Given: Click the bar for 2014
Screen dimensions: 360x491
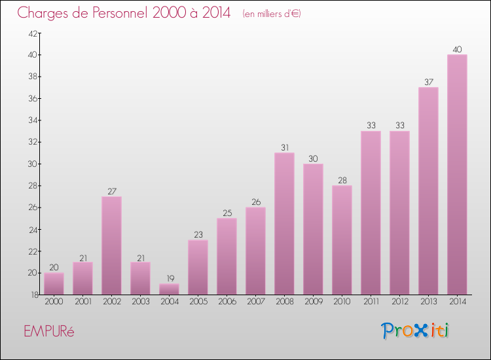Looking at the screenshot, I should (x=457, y=174).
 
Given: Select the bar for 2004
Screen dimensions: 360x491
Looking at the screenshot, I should (x=169, y=289).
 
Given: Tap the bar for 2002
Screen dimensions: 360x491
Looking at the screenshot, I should (x=111, y=245).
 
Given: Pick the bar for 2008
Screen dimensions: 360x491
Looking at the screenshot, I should (x=284, y=223).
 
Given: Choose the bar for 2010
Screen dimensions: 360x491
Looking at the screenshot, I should (x=342, y=240).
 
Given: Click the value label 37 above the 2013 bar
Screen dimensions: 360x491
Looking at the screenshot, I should (x=428, y=82).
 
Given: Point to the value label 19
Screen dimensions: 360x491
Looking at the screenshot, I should (x=169, y=278).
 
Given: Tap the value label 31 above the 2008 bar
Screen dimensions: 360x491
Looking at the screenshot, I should (x=284, y=148).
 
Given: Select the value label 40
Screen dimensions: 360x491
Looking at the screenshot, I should (x=457, y=50).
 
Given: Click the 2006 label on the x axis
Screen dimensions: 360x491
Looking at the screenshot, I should (x=227, y=302).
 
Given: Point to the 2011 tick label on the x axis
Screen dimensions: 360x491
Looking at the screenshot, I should (x=371, y=302).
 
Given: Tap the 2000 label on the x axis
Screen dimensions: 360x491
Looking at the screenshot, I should (x=54, y=302).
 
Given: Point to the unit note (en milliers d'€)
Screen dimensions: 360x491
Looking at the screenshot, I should (x=272, y=14).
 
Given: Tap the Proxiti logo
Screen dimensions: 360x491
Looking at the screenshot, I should (x=416, y=331).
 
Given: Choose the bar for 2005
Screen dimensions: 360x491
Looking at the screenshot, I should (x=198, y=267).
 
